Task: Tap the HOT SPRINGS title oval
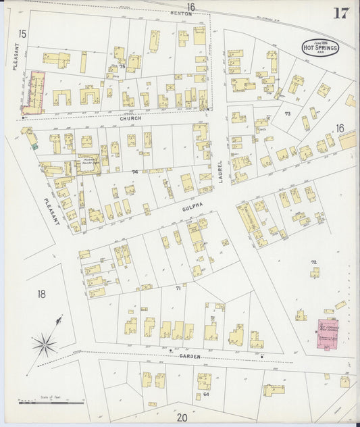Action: (320, 47)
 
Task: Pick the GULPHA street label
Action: (190, 209)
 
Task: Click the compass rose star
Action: (45, 345)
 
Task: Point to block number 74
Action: (135, 172)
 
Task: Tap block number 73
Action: (287, 114)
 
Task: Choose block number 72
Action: (313, 262)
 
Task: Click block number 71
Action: (178, 288)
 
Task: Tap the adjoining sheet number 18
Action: (42, 294)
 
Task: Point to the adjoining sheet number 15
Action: (22, 34)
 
